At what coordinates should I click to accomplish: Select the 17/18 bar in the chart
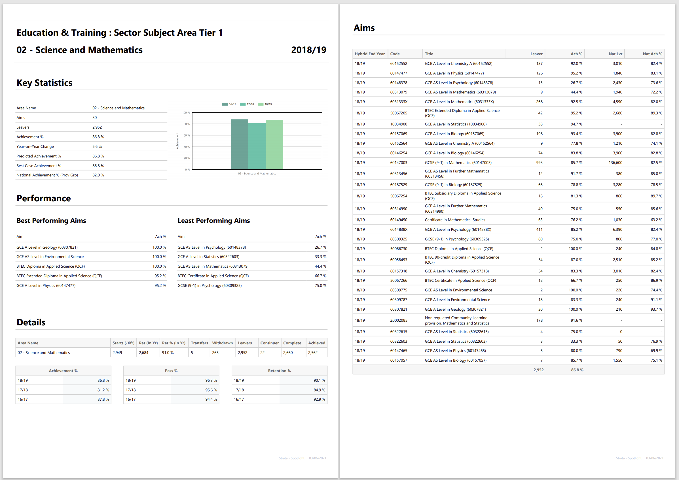[x=257, y=146]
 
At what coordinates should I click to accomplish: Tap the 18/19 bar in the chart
[x=274, y=144]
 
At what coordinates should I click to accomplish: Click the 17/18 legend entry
[x=247, y=104]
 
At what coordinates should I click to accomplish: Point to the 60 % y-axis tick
[x=186, y=135]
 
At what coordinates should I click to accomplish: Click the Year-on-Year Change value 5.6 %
[x=97, y=147]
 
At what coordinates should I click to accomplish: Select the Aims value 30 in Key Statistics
[x=95, y=118]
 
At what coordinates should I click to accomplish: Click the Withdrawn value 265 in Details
[x=215, y=353]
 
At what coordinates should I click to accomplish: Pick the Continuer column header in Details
[x=269, y=343]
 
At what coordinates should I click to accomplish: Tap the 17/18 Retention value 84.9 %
[x=319, y=390]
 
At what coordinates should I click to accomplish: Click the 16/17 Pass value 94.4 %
[x=211, y=400]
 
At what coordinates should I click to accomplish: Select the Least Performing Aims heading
[x=213, y=221]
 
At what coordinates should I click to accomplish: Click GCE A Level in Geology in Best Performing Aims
[x=47, y=248]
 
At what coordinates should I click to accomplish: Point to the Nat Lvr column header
[x=615, y=54]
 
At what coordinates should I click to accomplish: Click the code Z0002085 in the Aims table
[x=399, y=320]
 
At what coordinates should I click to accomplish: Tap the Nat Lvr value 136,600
[x=615, y=163]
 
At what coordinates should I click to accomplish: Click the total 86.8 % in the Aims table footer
[x=577, y=370]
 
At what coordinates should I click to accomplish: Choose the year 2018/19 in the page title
[x=308, y=50]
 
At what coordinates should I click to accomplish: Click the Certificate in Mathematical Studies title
[x=455, y=220]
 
